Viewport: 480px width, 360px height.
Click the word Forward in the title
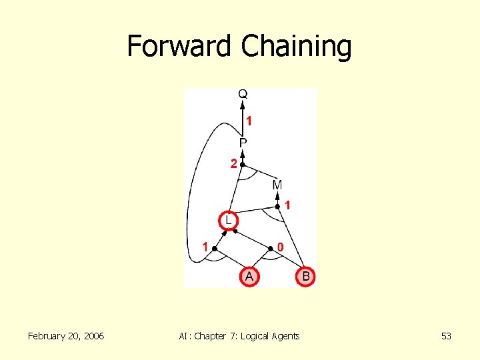click(181, 46)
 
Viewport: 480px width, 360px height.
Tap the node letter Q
click(243, 95)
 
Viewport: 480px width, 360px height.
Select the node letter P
click(243, 143)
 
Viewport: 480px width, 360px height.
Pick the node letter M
click(277, 184)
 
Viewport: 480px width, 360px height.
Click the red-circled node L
click(228, 219)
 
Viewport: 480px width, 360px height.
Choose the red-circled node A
click(249, 276)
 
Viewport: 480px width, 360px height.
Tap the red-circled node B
click(305, 276)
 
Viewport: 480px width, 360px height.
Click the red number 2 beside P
click(234, 164)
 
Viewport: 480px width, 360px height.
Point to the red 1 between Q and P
click(249, 121)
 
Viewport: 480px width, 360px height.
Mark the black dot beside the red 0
click(271, 249)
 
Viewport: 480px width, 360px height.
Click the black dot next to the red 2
click(243, 164)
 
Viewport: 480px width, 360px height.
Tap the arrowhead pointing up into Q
click(243, 104)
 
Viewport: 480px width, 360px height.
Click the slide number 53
click(446, 336)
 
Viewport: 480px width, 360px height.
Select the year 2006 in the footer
click(92, 336)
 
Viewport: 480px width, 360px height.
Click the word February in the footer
click(47, 336)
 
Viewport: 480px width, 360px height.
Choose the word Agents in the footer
click(285, 336)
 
